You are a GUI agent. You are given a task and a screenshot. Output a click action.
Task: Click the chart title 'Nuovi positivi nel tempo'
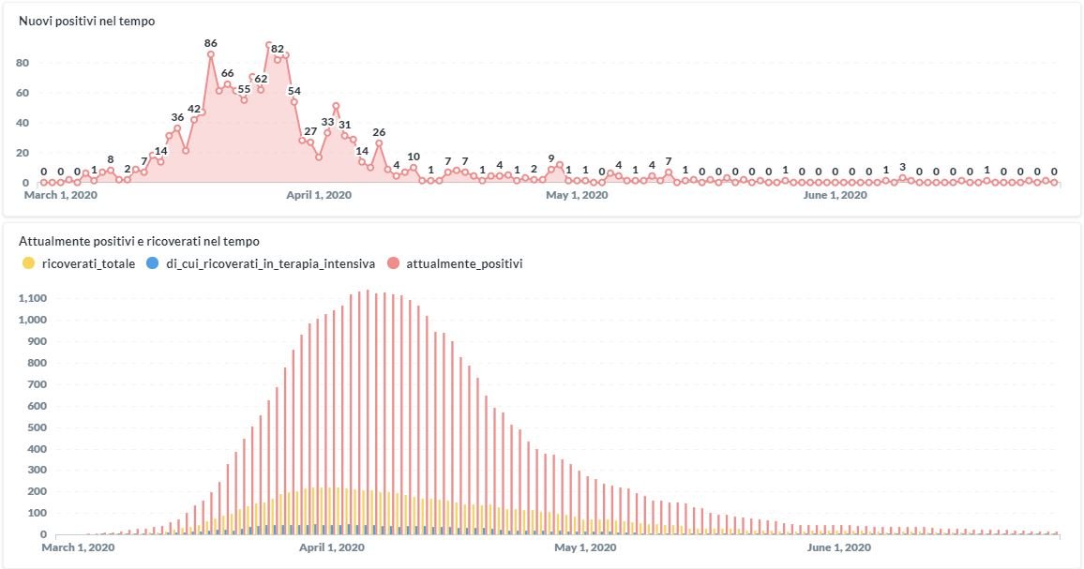pos(87,21)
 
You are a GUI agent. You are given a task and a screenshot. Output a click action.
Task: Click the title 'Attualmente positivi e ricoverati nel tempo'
pos(140,241)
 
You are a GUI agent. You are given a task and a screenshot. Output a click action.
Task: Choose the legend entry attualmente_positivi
pos(457,263)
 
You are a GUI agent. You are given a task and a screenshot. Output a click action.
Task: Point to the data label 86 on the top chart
pos(211,43)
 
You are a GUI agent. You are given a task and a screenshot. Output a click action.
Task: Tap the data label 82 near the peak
pos(278,49)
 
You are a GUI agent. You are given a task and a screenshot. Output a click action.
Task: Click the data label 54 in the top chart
pos(294,91)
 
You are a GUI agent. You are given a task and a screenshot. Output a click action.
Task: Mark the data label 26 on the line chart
pos(379,132)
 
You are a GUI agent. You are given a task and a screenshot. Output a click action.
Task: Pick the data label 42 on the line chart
pos(194,109)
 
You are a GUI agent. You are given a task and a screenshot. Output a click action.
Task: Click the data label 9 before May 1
pos(551,158)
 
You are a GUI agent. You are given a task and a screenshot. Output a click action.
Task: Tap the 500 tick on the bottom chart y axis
pos(35,427)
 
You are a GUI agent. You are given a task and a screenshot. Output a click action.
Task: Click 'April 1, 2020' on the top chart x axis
pos(319,195)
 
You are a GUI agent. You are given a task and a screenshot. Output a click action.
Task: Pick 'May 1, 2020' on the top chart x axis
pos(578,195)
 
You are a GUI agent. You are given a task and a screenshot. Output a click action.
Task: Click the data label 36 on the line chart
pos(177,117)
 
